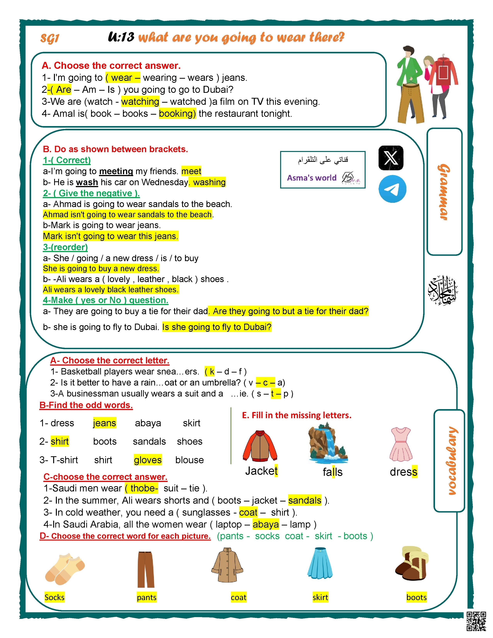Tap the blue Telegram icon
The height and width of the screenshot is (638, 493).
coord(392,189)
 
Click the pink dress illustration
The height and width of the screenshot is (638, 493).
coord(401,444)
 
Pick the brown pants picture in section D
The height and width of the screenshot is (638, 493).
coord(146,569)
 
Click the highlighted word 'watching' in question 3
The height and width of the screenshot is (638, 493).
coord(140,102)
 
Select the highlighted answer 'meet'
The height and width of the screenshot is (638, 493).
coord(191,171)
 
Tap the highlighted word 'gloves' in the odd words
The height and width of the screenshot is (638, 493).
coord(148,460)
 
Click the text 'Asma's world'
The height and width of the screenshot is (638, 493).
coord(312,178)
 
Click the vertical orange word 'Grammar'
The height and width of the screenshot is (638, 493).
coord(444,192)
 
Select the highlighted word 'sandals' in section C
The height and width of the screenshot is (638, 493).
coord(305,500)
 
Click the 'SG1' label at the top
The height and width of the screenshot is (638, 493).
coord(50,38)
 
